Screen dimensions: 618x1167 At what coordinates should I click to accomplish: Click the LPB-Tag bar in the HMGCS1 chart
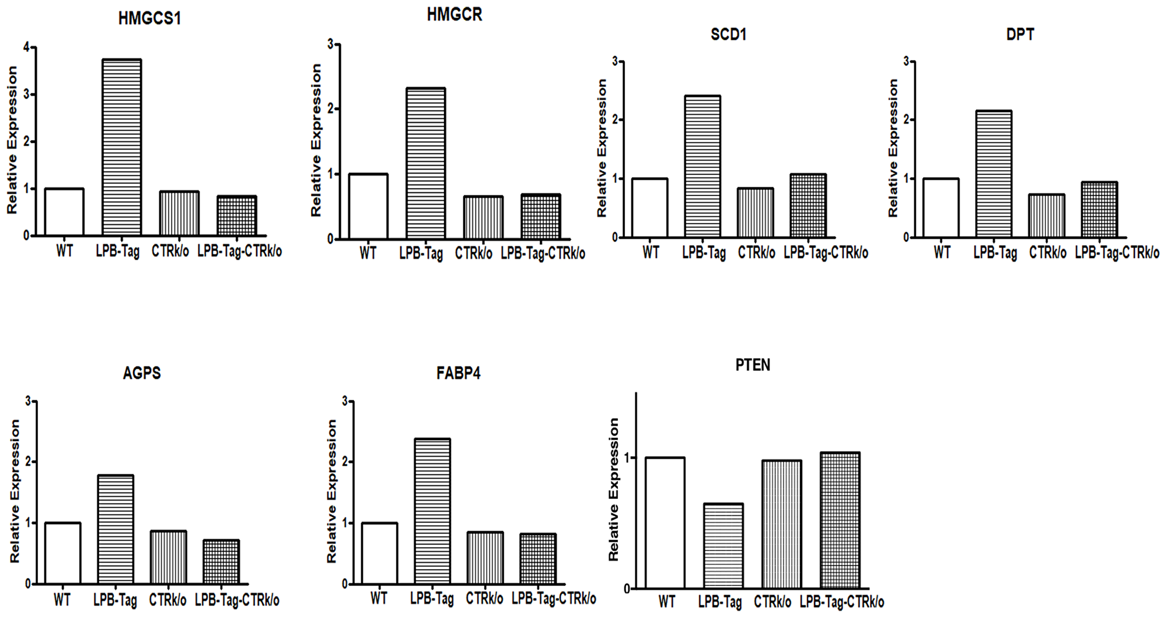click(121, 147)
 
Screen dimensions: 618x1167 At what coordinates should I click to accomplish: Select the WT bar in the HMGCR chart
click(368, 206)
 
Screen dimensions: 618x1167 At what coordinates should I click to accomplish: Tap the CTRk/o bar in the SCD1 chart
click(755, 212)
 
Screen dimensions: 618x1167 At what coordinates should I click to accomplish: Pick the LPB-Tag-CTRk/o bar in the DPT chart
click(1099, 210)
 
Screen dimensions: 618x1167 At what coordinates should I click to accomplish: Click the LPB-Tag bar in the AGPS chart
click(116, 529)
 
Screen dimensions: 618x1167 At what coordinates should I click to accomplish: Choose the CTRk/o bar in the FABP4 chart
click(485, 558)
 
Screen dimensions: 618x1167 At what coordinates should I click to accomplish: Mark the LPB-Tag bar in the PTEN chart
click(723, 546)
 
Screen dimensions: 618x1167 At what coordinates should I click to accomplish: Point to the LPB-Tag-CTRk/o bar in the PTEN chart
click(840, 520)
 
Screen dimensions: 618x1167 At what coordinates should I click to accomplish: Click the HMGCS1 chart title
click(149, 19)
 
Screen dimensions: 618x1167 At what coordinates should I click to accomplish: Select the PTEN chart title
click(753, 365)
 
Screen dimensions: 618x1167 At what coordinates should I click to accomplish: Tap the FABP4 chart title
click(459, 373)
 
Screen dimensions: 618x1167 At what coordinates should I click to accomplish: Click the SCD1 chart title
click(728, 34)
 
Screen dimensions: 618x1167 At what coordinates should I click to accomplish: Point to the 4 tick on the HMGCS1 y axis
click(26, 47)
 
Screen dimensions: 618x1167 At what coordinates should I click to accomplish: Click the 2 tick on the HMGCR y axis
click(331, 109)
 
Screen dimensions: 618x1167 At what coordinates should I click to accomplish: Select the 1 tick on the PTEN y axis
click(627, 458)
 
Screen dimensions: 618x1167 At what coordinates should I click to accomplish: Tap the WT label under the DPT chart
click(942, 253)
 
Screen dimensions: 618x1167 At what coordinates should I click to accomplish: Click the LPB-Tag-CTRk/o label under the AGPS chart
click(237, 600)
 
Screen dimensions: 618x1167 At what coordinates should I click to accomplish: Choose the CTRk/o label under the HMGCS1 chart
click(170, 252)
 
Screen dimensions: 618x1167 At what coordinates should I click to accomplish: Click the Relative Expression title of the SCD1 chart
click(602, 149)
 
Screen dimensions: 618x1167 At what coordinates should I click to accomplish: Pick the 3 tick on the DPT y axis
click(906, 61)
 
